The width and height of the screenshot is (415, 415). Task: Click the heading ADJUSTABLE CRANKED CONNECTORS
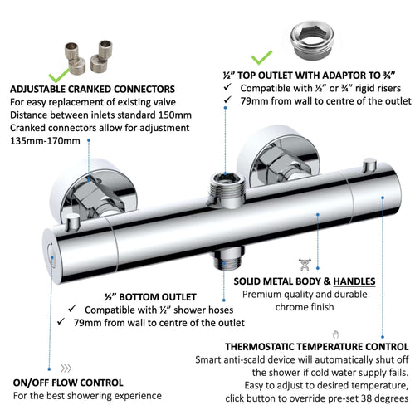coord(92,89)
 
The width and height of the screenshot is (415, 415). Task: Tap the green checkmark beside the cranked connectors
coord(58,76)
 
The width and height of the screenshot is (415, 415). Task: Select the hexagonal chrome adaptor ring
coord(312,41)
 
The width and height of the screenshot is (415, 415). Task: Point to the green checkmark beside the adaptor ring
coord(261,57)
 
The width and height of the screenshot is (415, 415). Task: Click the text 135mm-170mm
coord(45,141)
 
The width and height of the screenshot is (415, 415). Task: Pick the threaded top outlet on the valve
coord(227,188)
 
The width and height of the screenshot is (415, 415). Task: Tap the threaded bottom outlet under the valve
coord(229,258)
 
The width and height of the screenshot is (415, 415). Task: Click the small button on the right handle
coord(369,165)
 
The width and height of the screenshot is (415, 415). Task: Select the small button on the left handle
coord(73,223)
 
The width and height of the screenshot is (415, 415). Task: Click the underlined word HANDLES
coord(354,281)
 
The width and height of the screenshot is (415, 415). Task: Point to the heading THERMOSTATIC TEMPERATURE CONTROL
coord(316,347)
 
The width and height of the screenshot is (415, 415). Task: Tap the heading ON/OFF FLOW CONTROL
coord(68,383)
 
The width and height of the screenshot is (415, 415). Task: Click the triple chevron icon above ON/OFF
coord(66,369)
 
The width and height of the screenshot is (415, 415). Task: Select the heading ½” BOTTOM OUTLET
coord(150,297)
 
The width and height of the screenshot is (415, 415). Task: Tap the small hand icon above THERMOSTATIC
coord(335,334)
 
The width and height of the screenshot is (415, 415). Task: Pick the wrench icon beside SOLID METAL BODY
coord(305,265)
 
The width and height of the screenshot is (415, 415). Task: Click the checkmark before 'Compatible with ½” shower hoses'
coord(72,309)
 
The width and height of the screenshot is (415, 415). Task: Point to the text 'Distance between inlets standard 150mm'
coord(100,115)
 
